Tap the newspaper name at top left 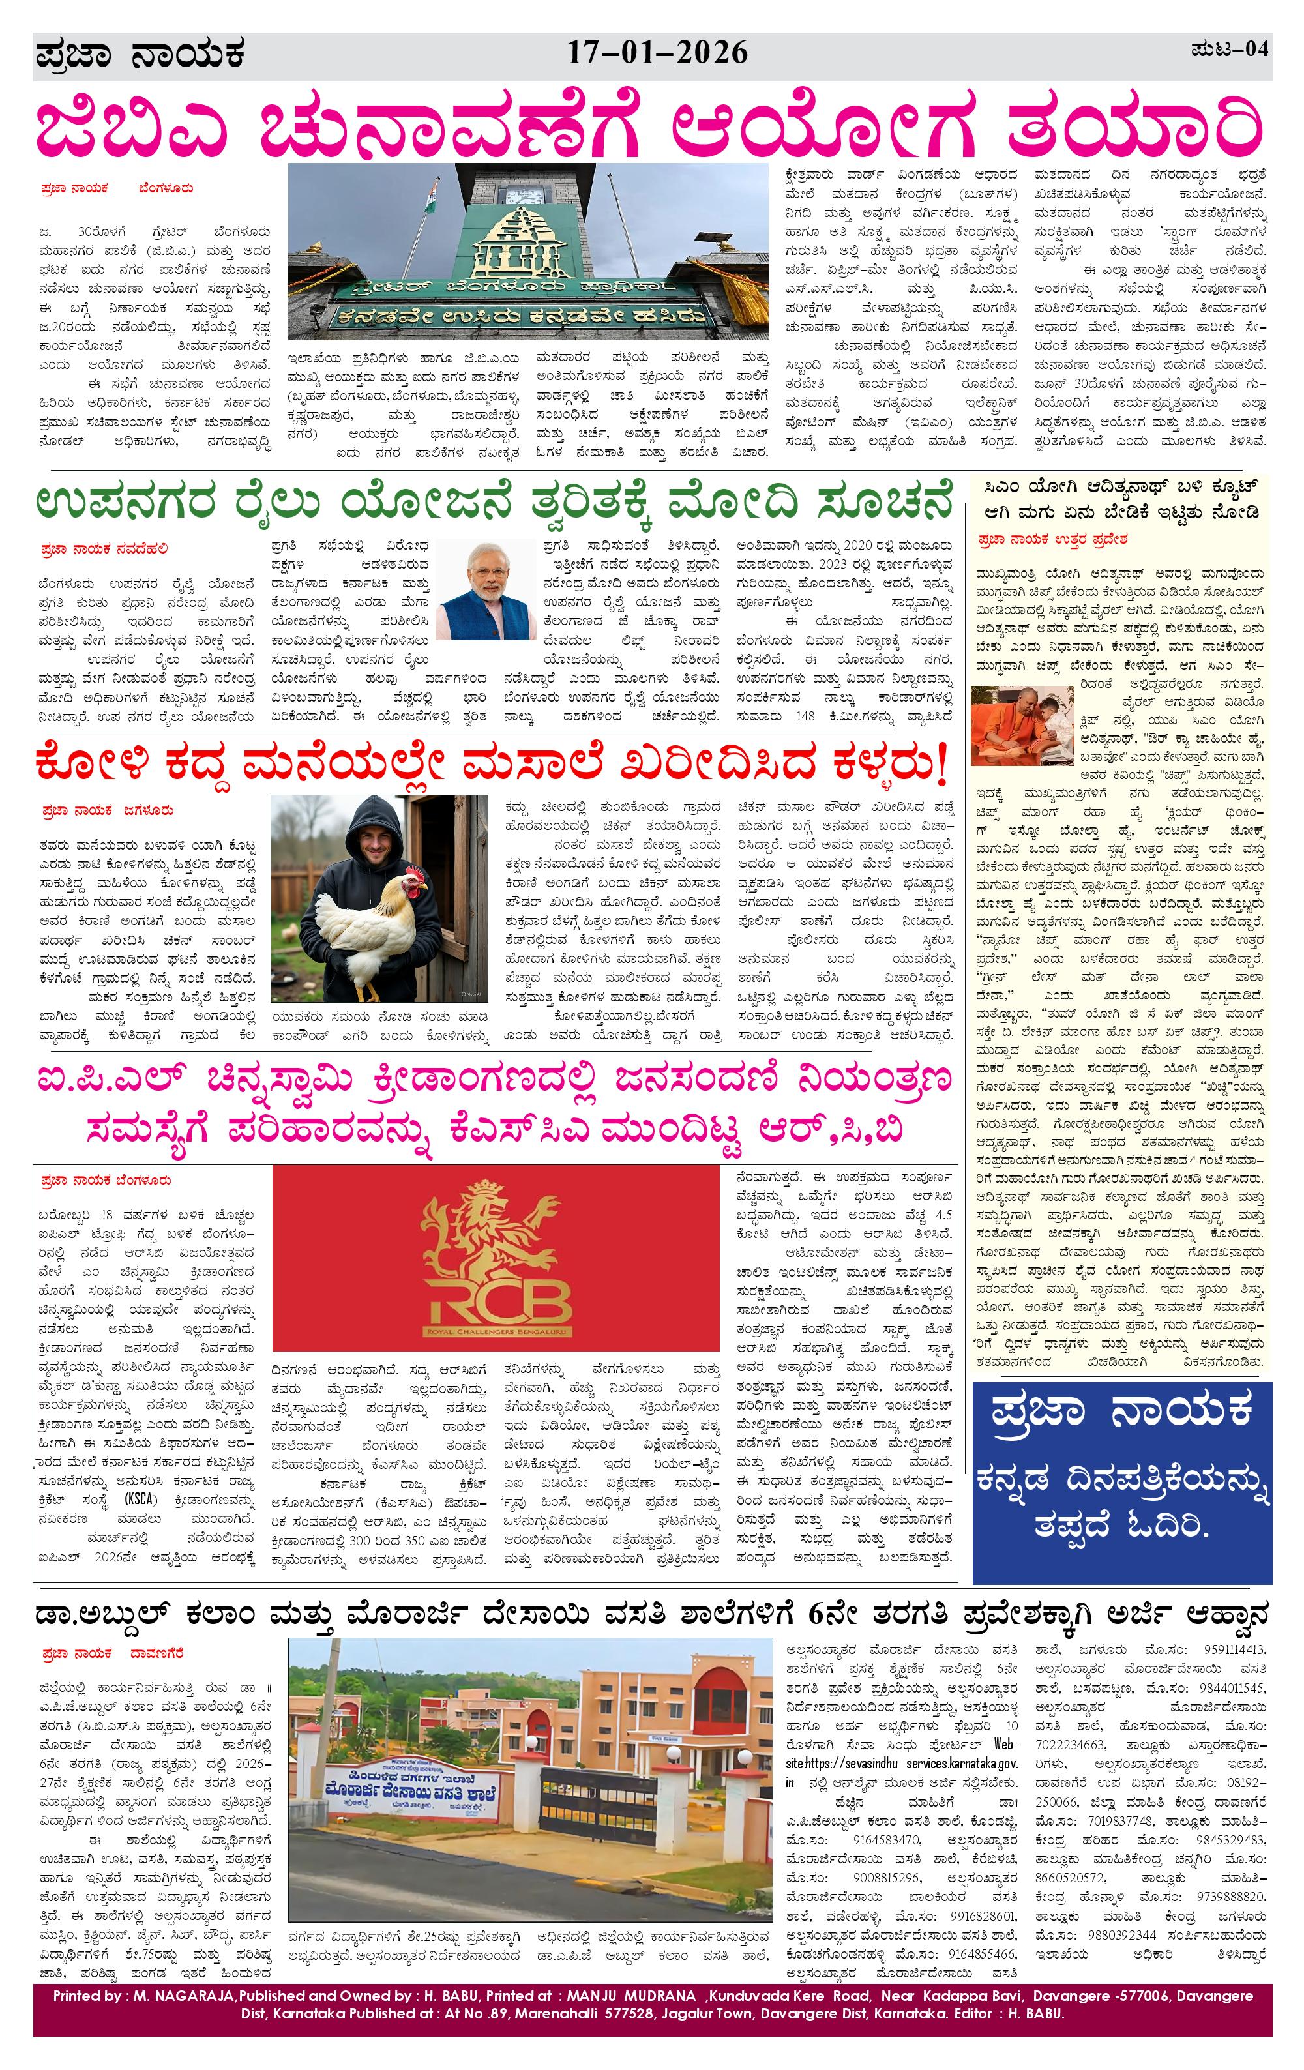pos(140,55)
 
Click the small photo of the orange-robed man pos(1020,726)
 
